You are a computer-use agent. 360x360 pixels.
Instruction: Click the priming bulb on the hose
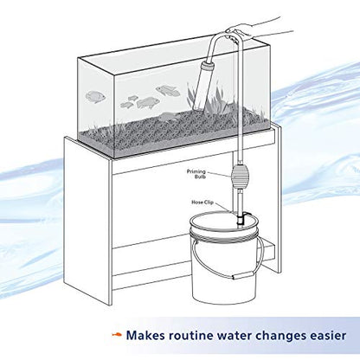click(x=239, y=177)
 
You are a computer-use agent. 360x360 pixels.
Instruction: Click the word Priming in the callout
click(x=196, y=171)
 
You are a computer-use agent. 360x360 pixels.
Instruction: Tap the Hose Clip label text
click(x=202, y=202)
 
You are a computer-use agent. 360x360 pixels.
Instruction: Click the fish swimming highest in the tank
click(x=168, y=91)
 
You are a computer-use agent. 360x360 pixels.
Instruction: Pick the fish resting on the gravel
click(x=168, y=116)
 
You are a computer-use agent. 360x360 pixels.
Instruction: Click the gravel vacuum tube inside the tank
click(x=201, y=85)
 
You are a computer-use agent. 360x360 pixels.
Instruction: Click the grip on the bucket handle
click(x=243, y=276)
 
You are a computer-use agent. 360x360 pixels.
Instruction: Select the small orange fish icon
click(x=117, y=335)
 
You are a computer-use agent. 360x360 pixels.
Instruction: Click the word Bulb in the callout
click(x=200, y=177)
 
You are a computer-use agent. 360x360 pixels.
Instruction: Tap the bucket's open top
click(x=223, y=222)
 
